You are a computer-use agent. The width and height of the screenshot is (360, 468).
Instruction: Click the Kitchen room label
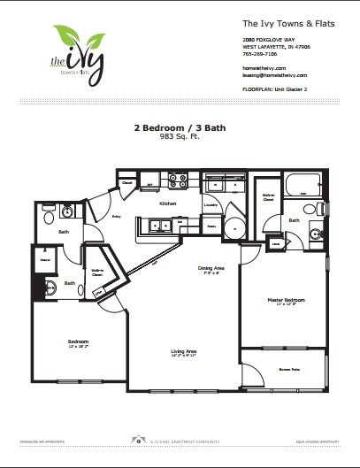pyautogui.click(x=168, y=203)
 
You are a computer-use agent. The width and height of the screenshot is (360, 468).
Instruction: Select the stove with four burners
pyautogui.click(x=180, y=182)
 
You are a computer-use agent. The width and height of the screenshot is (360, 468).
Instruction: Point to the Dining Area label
pyautogui.click(x=209, y=268)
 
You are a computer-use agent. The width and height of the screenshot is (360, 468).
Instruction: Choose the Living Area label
pyautogui.click(x=183, y=351)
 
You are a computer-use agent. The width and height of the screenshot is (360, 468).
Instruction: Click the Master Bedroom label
pyautogui.click(x=285, y=300)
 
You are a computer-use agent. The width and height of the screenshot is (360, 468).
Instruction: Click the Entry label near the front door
pyautogui.click(x=116, y=215)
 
